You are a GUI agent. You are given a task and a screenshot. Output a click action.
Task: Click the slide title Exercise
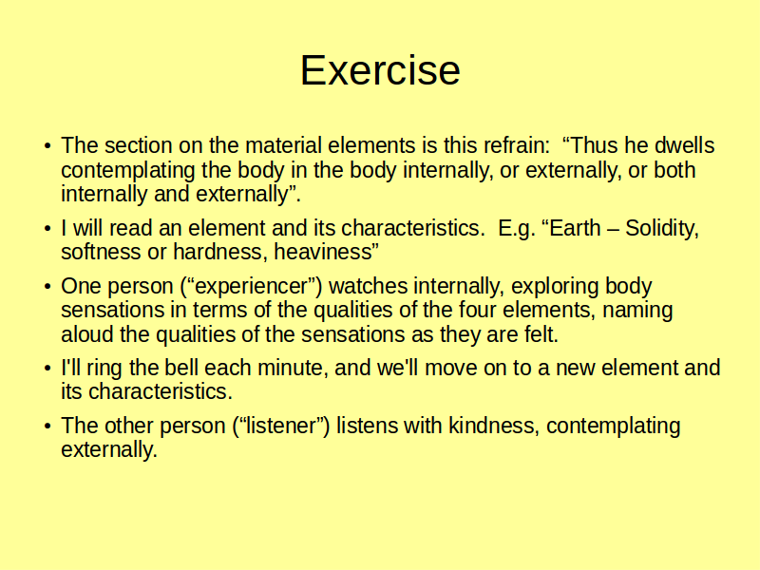click(x=380, y=70)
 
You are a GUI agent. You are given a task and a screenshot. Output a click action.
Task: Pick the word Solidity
click(x=661, y=229)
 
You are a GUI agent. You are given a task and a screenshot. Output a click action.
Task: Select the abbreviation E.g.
click(x=517, y=229)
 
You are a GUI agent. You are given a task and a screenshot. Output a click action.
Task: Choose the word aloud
click(x=87, y=334)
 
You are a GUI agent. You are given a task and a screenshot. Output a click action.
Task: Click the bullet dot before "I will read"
click(x=47, y=228)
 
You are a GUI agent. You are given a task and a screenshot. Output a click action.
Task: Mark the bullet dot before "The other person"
click(x=47, y=426)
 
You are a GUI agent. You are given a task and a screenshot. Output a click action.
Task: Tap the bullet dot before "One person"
click(x=47, y=286)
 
